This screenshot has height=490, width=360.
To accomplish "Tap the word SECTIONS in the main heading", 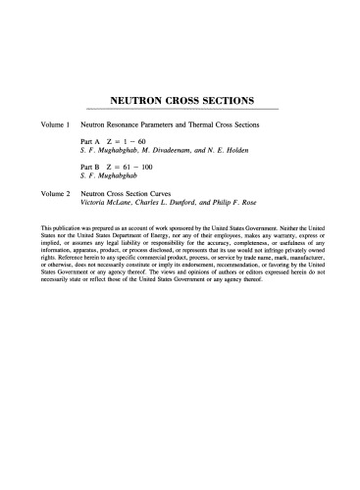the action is click(x=227, y=99).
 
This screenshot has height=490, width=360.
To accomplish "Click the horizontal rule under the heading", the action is click(x=180, y=109).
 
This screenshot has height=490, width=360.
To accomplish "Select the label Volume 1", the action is click(x=49, y=126).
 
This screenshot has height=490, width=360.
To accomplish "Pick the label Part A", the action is click(x=91, y=143).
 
